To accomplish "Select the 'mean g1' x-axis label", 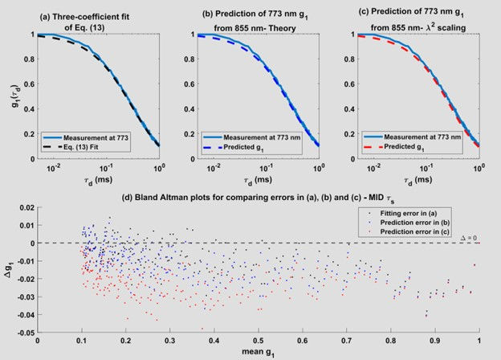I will click(259, 353).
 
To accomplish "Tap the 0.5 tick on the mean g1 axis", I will click(259, 340).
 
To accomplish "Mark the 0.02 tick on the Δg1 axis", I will click(26, 207).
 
